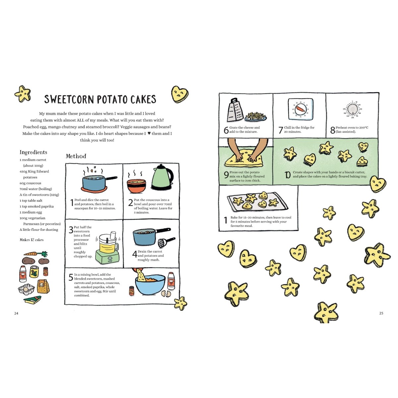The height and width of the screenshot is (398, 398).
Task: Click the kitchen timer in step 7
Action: pos(300,109)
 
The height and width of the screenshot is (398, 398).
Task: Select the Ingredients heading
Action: pos(33,152)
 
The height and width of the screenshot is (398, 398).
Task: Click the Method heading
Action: pos(76,156)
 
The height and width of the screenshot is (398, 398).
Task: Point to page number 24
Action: pos(16,313)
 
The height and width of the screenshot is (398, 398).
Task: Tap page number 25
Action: pos(381,313)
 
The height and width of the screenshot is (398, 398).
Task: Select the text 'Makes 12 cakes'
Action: pos(32,240)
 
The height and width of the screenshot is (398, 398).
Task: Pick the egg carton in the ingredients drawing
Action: pos(26,289)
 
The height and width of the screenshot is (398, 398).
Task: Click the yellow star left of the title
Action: pos(23,94)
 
